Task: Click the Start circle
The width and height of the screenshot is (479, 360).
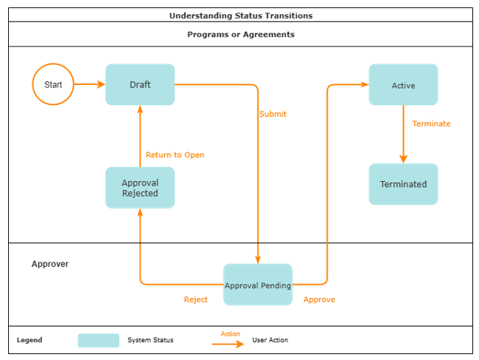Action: pyautogui.click(x=53, y=84)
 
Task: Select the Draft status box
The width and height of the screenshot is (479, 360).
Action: pyautogui.click(x=140, y=84)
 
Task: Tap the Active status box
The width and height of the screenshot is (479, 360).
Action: pyautogui.click(x=403, y=85)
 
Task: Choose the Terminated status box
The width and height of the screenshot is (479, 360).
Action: pyautogui.click(x=403, y=184)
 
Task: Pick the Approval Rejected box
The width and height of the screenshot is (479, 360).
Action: pyautogui.click(x=140, y=188)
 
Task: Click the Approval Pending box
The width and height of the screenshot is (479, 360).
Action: pyautogui.click(x=258, y=285)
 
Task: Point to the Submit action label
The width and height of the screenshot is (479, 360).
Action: pyautogui.click(x=273, y=115)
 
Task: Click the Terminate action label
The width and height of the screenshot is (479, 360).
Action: pyautogui.click(x=431, y=124)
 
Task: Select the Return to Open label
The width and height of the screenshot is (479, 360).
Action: pyautogui.click(x=175, y=155)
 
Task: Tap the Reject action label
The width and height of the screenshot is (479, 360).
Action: pyautogui.click(x=196, y=299)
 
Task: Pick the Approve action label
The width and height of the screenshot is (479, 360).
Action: pyautogui.click(x=319, y=299)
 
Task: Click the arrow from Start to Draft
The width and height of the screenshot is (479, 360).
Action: pyautogui.click(x=89, y=84)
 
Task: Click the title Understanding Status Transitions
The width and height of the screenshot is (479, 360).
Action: pyautogui.click(x=241, y=16)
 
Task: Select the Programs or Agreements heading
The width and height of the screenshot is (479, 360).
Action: pyautogui.click(x=241, y=35)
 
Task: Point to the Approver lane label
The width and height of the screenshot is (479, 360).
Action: pyautogui.click(x=50, y=264)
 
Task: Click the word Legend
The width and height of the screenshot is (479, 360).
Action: pyautogui.click(x=30, y=340)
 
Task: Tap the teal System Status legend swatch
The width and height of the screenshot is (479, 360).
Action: pyautogui.click(x=98, y=340)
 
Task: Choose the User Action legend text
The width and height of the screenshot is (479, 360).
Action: pyautogui.click(x=270, y=340)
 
